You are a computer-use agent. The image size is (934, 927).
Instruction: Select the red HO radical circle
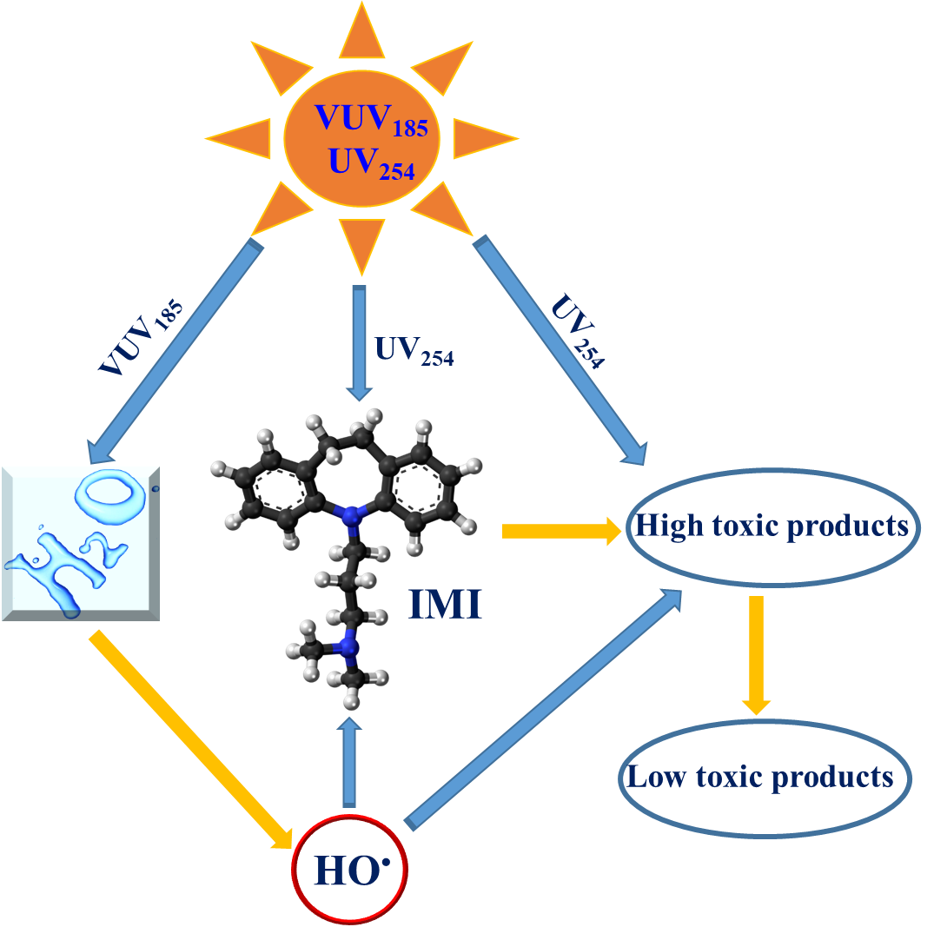[x=348, y=867]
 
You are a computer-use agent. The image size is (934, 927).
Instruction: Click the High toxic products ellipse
[x=772, y=526]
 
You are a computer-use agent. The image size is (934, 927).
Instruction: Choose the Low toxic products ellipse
[x=764, y=776]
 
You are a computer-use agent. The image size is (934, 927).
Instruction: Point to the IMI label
[x=445, y=605]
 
